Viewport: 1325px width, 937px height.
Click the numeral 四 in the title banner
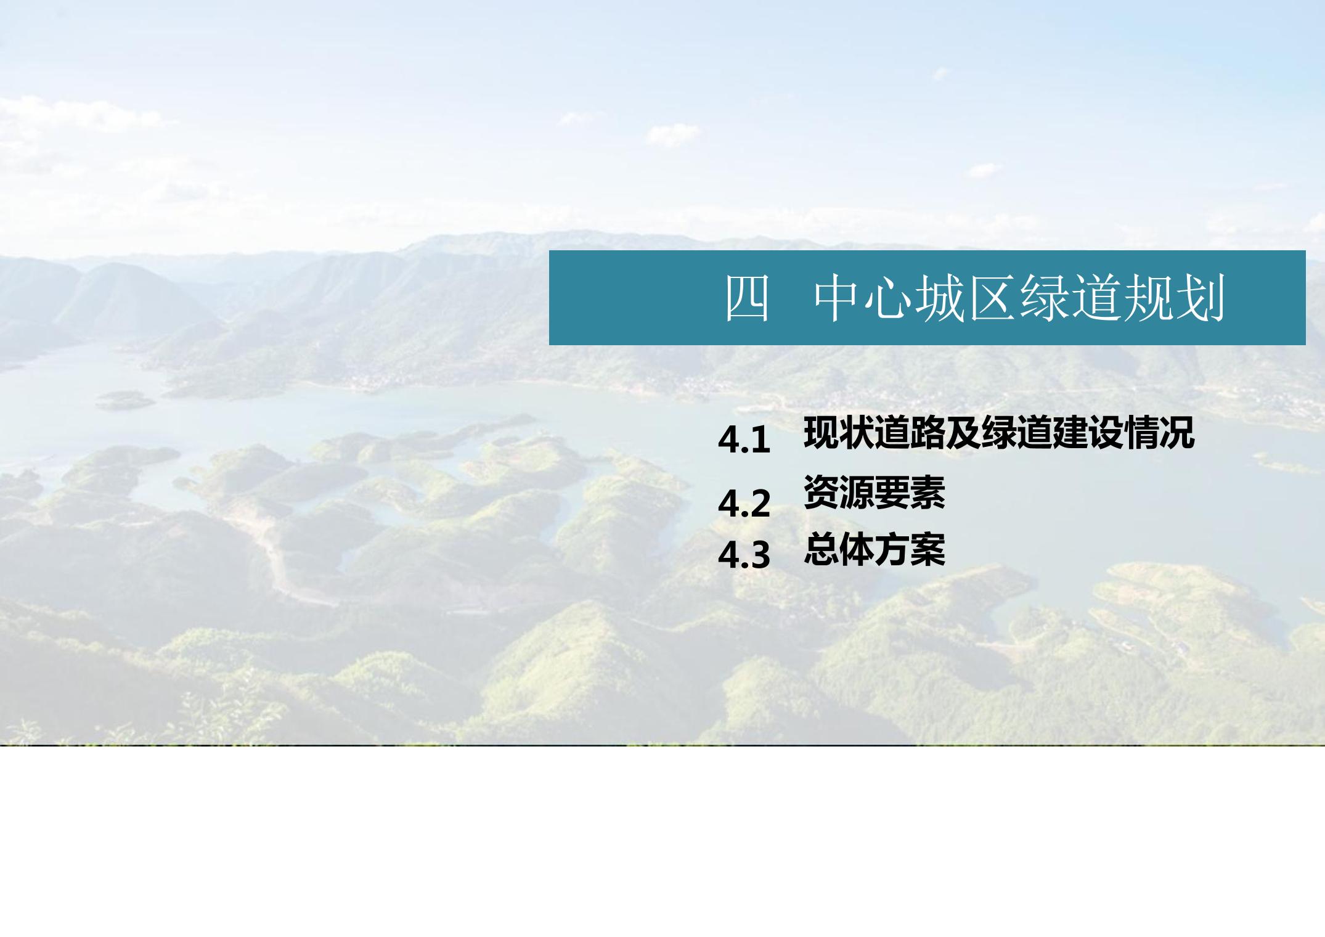[747, 299]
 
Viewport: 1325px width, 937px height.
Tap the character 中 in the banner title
[838, 299]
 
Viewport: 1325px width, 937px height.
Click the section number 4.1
[744, 440]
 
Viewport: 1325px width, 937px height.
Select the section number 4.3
[744, 555]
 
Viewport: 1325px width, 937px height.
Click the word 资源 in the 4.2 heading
[839, 493]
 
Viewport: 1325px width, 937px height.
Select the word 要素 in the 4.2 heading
[910, 493]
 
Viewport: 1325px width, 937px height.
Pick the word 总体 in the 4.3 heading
[839, 549]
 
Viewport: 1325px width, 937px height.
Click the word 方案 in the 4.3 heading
[910, 549]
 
